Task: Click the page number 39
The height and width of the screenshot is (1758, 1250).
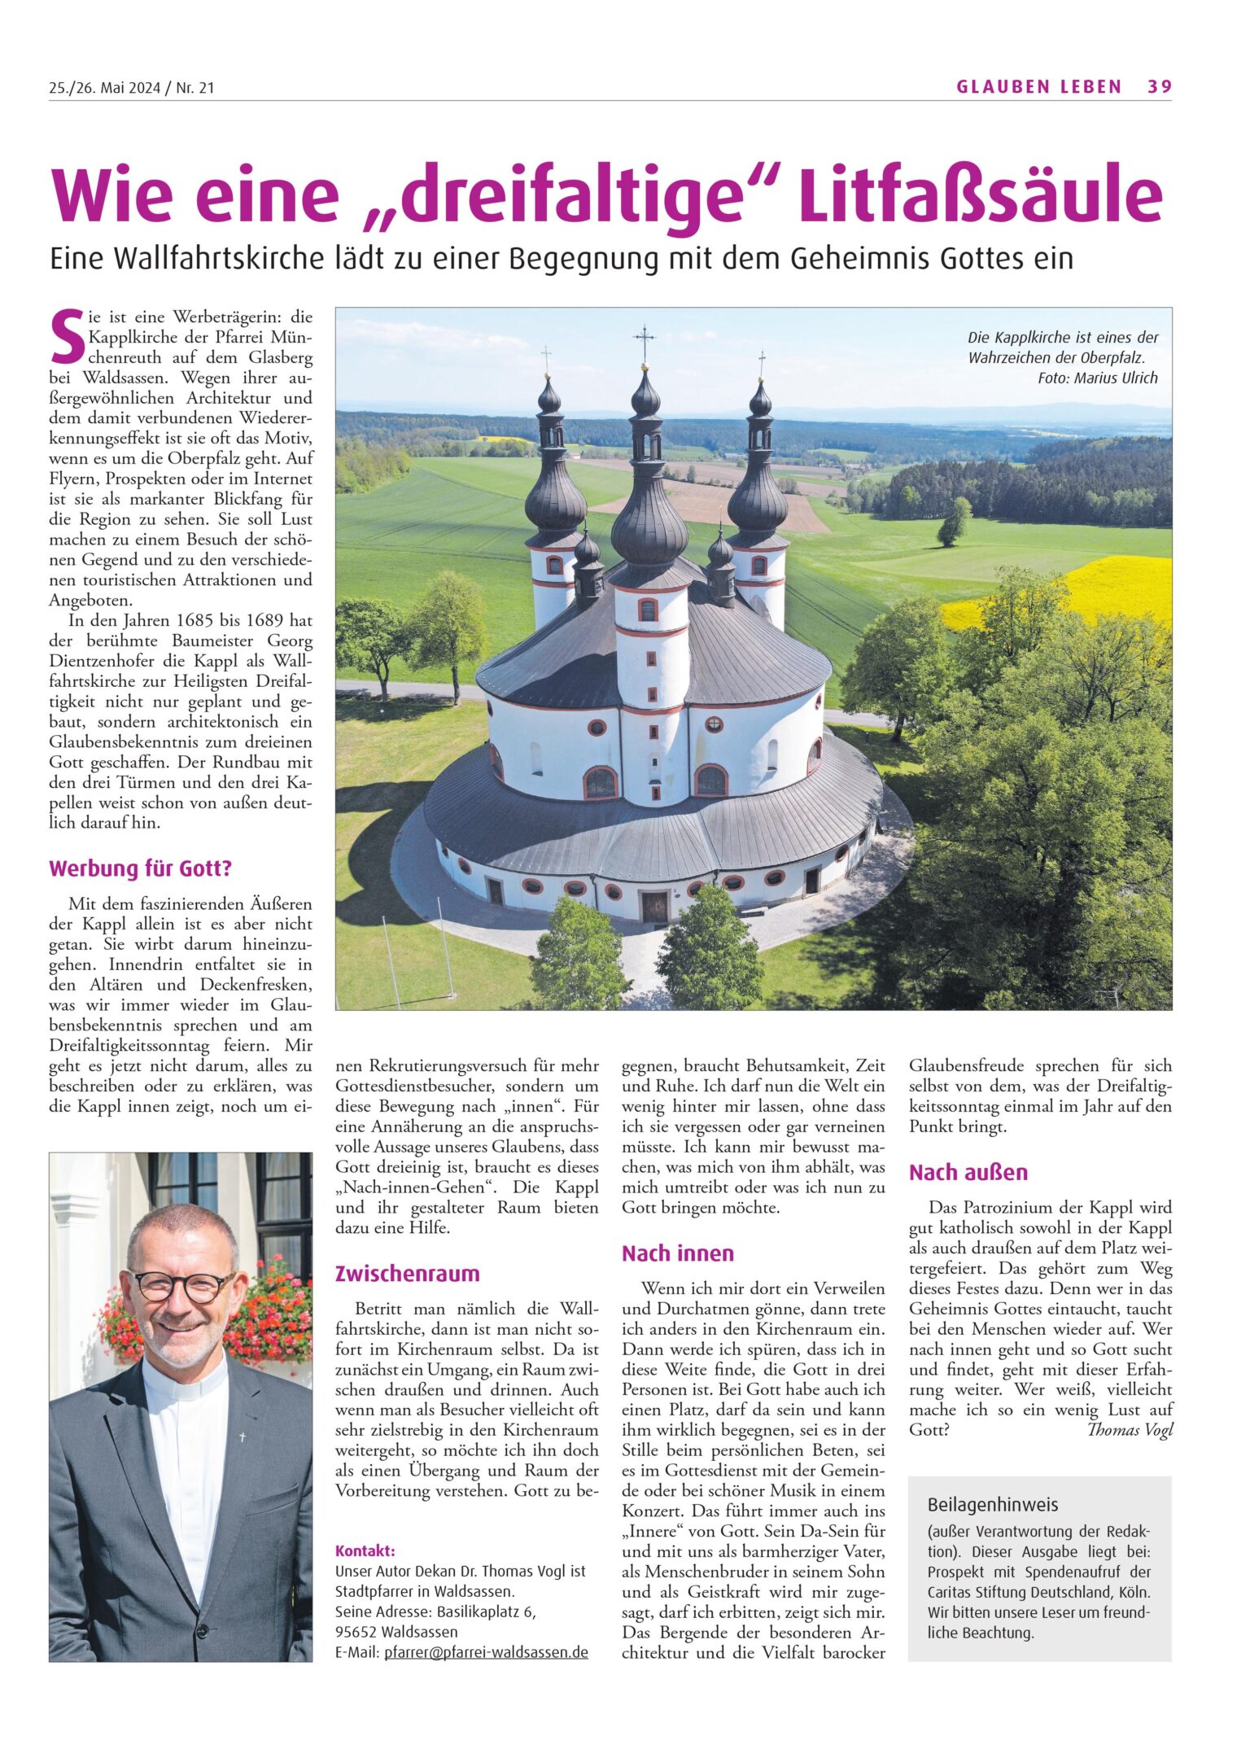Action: click(x=1159, y=87)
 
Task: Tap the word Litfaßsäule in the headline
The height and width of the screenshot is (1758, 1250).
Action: click(x=981, y=196)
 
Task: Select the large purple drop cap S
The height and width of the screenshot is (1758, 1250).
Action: click(x=66, y=335)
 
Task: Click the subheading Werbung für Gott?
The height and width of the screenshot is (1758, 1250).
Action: click(x=140, y=868)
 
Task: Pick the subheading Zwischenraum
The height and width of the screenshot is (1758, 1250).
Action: click(x=407, y=1274)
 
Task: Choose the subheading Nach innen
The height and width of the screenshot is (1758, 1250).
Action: click(x=677, y=1253)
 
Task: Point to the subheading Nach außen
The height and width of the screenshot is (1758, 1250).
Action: click(x=968, y=1172)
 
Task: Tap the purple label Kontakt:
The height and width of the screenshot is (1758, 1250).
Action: click(x=365, y=1550)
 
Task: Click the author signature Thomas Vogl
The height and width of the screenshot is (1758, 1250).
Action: click(x=1130, y=1430)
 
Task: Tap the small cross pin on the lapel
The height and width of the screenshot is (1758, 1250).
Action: click(x=243, y=1437)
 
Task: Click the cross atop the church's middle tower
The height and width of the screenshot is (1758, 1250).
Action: click(x=645, y=337)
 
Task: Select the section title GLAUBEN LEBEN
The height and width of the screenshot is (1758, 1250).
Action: click(x=1038, y=87)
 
